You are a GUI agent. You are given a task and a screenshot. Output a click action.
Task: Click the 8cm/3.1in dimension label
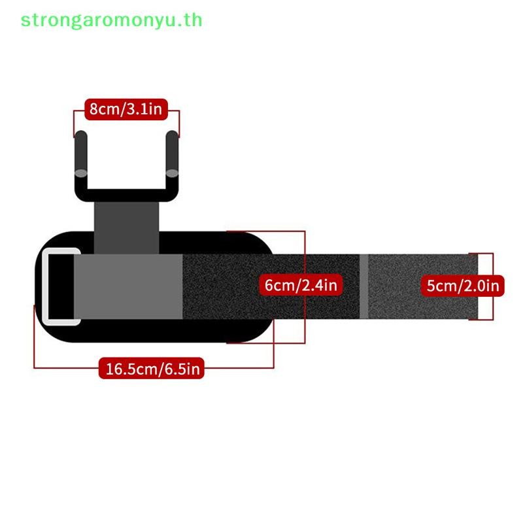pos(126,109)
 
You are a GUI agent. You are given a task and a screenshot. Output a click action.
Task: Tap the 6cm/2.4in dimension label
pos(301,285)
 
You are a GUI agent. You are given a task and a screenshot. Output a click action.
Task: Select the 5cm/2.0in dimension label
pos(463,286)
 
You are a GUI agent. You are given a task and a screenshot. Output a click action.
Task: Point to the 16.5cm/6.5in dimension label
pos(152,369)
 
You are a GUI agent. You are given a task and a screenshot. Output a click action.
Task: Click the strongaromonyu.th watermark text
pos(111,21)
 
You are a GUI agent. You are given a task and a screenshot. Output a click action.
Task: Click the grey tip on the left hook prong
pos(80,173)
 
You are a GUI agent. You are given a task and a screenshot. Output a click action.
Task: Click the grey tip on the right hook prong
pos(172,173)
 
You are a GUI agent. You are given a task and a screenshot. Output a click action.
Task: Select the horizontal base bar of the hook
pos(126,195)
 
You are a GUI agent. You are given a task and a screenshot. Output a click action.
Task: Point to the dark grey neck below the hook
pos(126,228)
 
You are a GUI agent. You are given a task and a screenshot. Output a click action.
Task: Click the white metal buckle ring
pos(44,286)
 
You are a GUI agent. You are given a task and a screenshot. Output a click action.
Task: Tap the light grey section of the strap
pos(128,286)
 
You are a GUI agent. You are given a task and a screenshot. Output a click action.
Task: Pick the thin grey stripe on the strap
pos(363,286)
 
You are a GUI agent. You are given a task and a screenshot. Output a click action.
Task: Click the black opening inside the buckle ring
pos(61,286)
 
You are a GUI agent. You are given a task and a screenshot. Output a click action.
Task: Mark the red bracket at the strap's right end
pos(493,286)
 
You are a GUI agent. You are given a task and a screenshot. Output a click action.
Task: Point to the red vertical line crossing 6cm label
pos(305,287)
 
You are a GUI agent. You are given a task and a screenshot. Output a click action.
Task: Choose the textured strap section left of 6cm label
pos(221,286)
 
